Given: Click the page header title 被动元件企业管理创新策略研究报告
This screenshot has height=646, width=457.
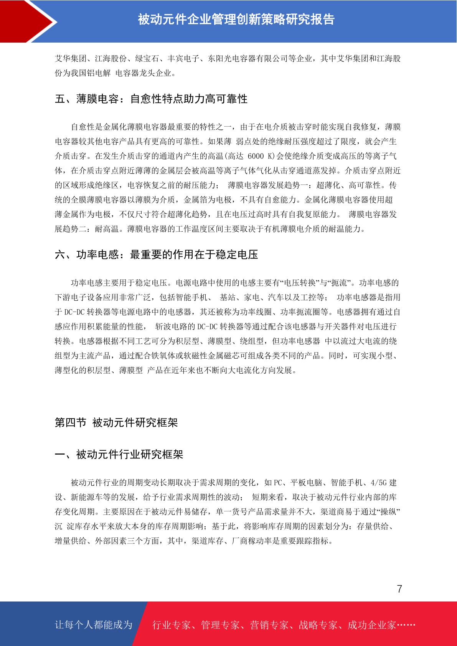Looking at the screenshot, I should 236,19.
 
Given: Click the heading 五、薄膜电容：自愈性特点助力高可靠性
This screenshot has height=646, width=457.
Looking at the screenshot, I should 151,99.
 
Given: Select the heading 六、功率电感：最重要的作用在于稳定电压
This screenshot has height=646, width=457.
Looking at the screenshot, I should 157,254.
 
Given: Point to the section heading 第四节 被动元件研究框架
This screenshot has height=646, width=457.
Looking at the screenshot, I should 116,422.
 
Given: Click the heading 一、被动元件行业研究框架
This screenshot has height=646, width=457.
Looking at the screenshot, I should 119,455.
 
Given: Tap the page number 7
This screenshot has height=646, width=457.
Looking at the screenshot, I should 399,589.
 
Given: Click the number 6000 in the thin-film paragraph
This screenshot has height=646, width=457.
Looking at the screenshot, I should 256,156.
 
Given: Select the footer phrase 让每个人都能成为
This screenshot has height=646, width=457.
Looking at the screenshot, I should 94,625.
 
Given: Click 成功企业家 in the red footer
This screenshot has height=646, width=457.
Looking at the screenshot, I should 371,625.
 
